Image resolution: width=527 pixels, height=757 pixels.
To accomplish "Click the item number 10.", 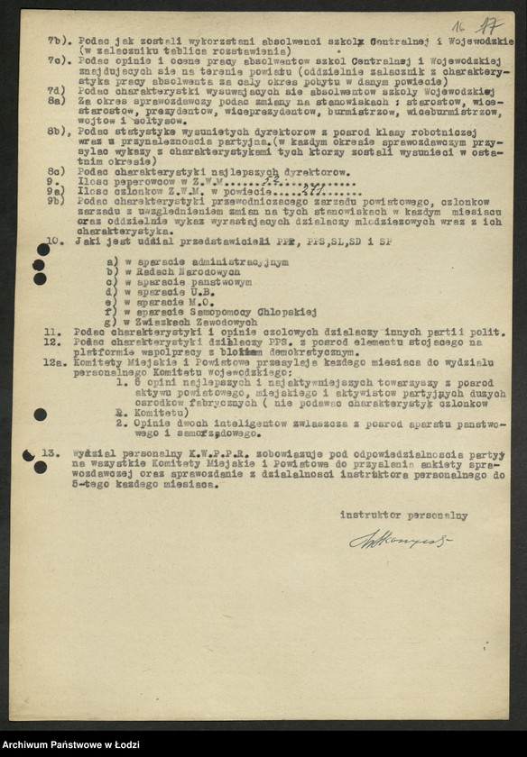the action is [x=54, y=242].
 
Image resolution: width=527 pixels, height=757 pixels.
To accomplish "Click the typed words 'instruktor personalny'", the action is [x=403, y=515].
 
